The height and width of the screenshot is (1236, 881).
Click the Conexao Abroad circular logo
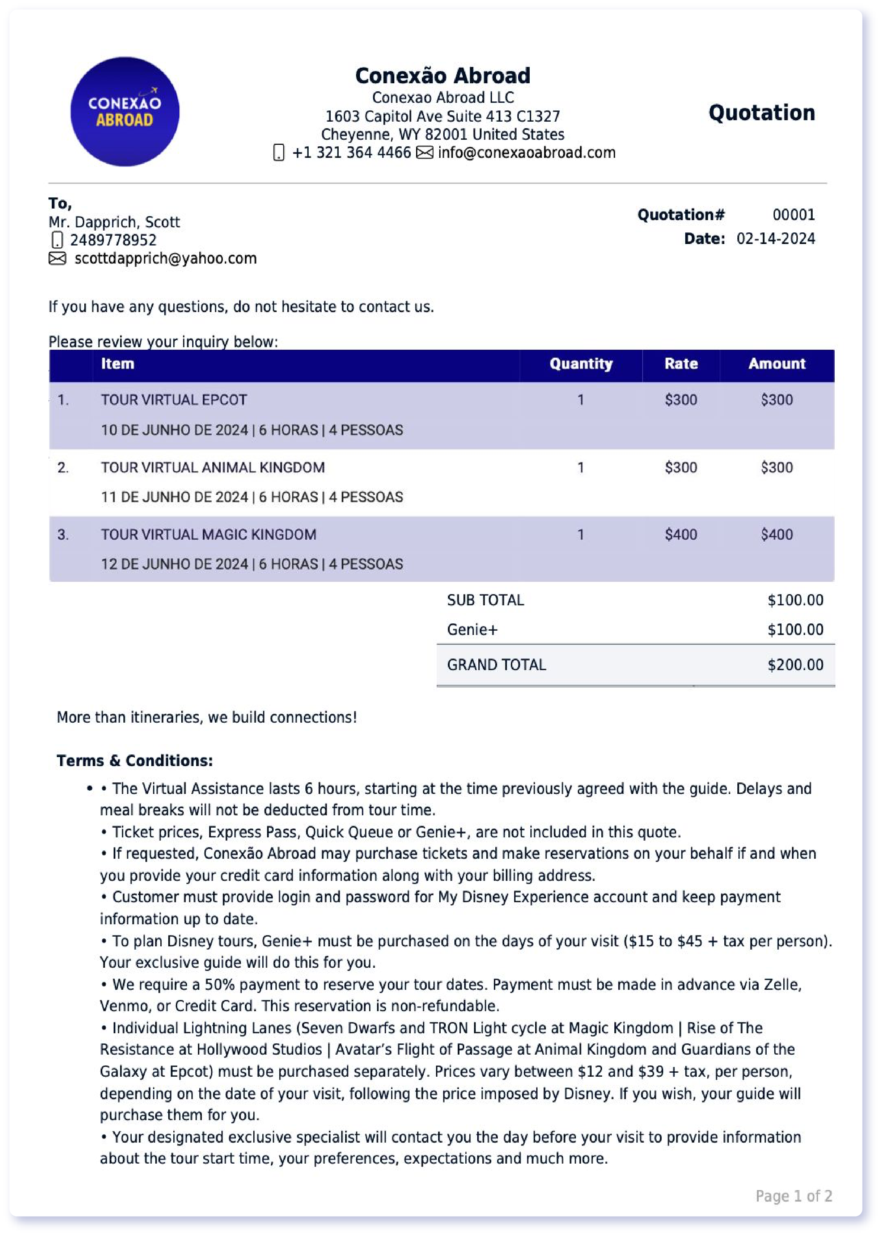(125, 112)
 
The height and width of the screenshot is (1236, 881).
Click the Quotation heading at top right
(761, 113)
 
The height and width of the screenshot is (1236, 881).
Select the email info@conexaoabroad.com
(526, 152)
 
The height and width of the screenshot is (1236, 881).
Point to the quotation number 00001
(793, 215)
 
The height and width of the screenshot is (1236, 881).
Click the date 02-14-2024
(775, 239)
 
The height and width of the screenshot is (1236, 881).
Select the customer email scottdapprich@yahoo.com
(165, 258)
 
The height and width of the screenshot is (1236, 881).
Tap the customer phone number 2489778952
(113, 240)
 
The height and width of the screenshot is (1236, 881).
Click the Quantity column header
(580, 364)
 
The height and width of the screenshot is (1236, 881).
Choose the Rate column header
(681, 364)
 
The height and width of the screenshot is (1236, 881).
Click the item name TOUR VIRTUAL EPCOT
(174, 400)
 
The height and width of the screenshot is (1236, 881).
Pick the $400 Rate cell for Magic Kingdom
(681, 535)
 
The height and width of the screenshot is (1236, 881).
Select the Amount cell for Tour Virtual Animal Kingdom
(776, 467)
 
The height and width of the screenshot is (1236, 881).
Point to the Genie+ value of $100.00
(795, 630)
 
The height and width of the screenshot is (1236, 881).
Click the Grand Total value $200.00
(795, 665)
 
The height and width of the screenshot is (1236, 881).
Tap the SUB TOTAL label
(485, 600)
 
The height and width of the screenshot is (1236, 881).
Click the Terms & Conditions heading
(135, 761)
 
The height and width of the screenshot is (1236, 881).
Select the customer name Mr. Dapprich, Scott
(114, 222)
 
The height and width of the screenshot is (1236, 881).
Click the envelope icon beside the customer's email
(57, 258)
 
